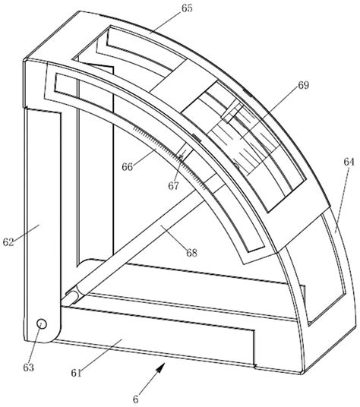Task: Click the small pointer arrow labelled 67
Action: (182, 158)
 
